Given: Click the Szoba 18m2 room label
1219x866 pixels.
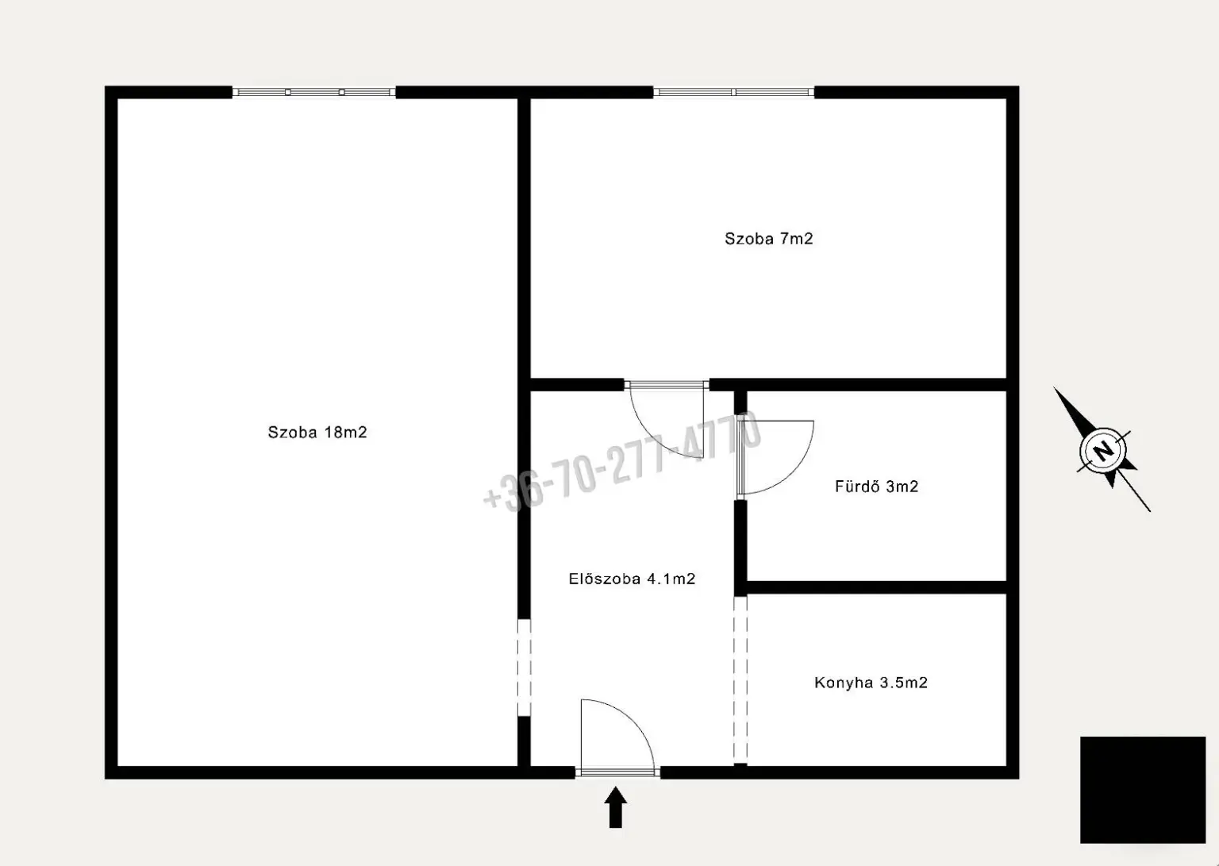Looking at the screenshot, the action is coord(317,432).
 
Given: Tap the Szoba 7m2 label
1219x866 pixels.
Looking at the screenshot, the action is coord(768,238).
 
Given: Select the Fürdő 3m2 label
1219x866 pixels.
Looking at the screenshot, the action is coord(876,486).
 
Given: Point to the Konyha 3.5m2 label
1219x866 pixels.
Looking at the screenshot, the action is coord(871,683).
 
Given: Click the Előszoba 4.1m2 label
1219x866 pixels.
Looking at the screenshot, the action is coord(632,579).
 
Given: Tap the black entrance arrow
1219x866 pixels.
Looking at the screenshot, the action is coord(616,808).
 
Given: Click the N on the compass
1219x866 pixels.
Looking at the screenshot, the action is coord(1103,451).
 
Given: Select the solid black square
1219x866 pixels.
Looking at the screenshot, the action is coord(1143,790).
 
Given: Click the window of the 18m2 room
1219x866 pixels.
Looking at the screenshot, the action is coord(314,92).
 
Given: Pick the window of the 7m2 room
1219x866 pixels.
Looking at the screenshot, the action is coord(733,92).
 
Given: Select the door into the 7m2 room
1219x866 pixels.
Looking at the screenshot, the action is coord(666,385).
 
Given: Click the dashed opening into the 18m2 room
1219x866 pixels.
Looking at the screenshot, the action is coord(524,668).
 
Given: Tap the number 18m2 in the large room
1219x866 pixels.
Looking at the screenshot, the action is coord(345,432).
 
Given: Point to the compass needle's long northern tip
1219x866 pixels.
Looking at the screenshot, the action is coord(1054,387).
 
